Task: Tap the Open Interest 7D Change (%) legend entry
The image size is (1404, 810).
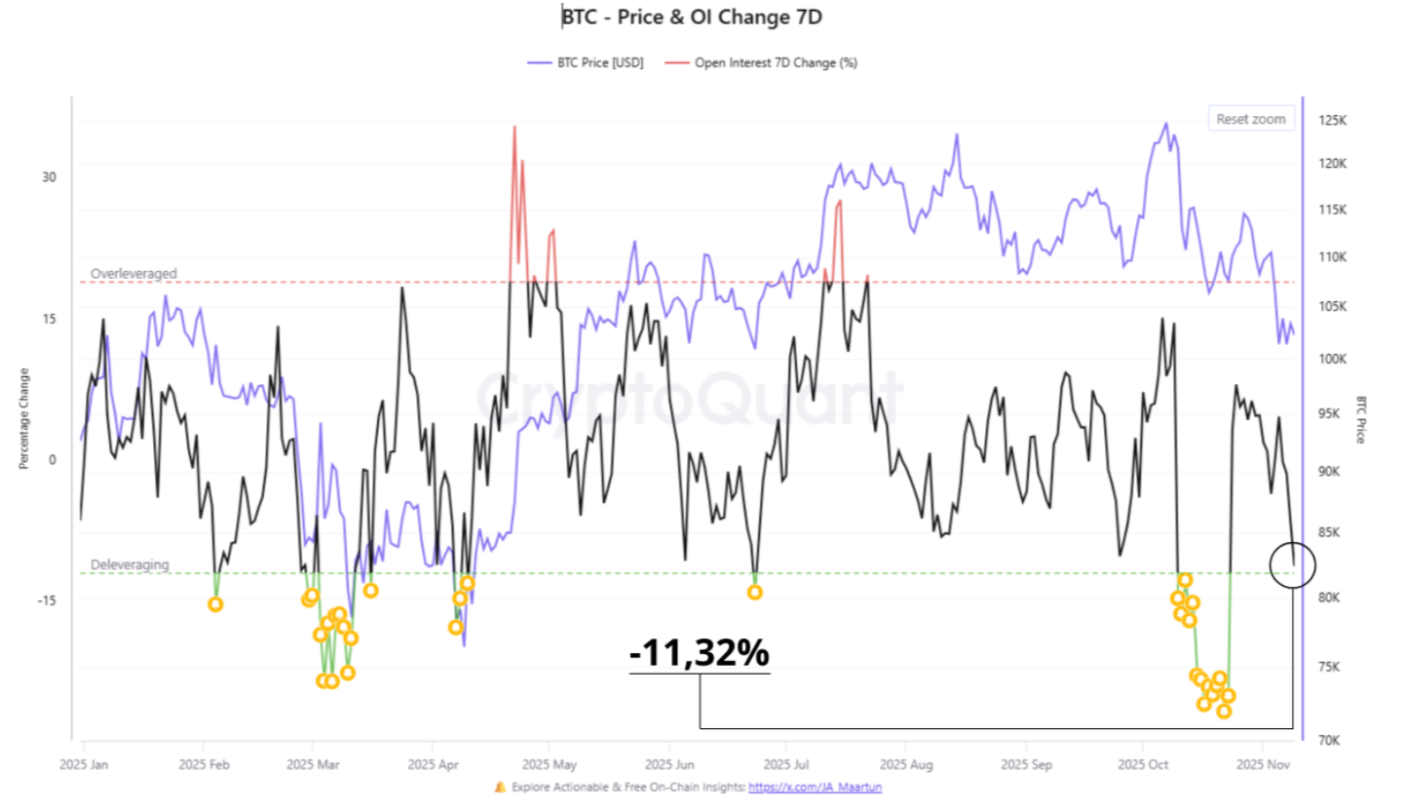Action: (776, 62)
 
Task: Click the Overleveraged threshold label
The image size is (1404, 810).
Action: (133, 274)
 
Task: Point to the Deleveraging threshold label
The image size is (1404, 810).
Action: (130, 564)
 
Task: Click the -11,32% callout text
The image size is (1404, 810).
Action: (699, 654)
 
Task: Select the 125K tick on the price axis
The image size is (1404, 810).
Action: (1333, 122)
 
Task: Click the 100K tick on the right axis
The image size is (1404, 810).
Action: (1333, 359)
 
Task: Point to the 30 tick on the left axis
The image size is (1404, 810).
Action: (49, 177)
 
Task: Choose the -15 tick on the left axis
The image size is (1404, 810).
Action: (46, 600)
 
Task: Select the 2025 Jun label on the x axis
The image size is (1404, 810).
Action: (671, 765)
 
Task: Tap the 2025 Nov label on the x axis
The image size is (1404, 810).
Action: (1263, 765)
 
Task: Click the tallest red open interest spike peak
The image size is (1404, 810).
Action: (513, 127)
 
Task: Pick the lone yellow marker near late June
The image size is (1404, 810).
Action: (754, 593)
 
